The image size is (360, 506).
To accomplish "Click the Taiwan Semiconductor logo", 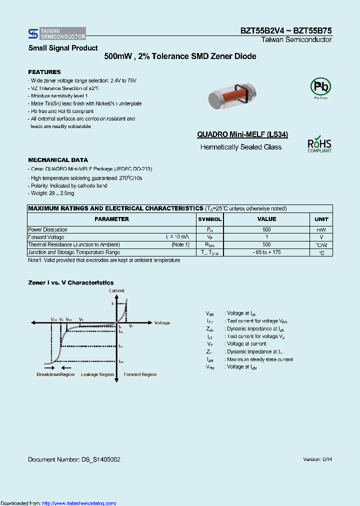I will [57, 33].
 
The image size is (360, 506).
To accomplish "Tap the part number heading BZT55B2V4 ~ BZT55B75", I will [285, 30].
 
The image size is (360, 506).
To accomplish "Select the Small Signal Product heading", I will [63, 48].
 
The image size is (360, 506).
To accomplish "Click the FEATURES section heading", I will [44, 72].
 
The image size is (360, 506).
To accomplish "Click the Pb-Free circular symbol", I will [320, 87].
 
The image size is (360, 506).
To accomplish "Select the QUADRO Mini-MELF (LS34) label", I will [242, 134].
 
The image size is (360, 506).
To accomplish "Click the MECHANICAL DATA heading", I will [58, 160].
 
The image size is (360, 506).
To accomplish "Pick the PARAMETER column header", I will [112, 219].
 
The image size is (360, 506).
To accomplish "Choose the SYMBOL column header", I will [209, 219].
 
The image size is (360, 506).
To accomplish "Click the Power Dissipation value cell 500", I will [266, 229].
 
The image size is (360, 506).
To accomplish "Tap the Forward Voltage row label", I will [44, 237].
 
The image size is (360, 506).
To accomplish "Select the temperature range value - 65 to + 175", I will [266, 252].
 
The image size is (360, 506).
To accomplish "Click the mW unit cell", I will [321, 229].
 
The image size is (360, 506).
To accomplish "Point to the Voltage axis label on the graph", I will [162, 323].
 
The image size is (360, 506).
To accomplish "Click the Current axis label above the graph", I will [116, 290].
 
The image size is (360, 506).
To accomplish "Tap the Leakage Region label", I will [97, 374].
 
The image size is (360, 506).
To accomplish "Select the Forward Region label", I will [140, 374].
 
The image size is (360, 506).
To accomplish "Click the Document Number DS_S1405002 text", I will [74, 459].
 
